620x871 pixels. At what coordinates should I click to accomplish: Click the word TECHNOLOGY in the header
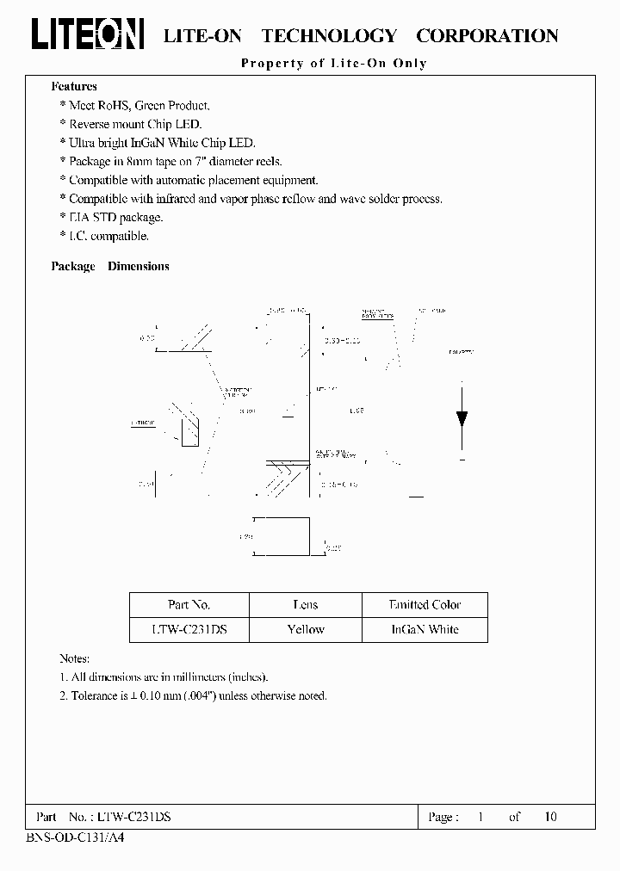click(328, 35)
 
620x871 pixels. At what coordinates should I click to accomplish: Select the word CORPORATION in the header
click(487, 35)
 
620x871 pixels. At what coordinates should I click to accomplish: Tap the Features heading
click(74, 86)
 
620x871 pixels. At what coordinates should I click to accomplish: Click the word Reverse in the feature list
click(91, 125)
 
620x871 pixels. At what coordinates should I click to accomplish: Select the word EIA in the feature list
click(80, 218)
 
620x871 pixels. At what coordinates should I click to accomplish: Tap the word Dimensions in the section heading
click(138, 267)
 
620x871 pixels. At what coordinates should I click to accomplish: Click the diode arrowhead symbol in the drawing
click(462, 419)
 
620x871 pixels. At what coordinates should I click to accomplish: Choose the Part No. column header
click(189, 605)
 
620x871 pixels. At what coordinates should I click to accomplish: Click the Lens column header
click(305, 605)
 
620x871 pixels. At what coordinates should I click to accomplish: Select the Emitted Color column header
click(425, 605)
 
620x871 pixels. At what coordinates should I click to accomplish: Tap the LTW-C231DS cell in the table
click(189, 629)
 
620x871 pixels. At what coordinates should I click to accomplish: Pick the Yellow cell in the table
click(305, 629)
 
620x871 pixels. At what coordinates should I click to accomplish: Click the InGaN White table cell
click(425, 629)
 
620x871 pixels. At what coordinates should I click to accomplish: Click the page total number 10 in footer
click(551, 817)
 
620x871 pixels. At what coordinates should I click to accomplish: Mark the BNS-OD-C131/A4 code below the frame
click(69, 837)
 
